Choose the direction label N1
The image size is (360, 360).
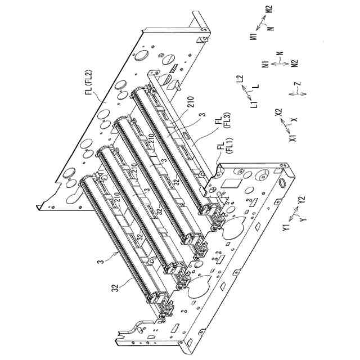pyautogui.click(x=265, y=65)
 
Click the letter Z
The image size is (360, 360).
pyautogui.click(x=297, y=84)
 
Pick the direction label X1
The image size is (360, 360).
pyautogui.click(x=292, y=138)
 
